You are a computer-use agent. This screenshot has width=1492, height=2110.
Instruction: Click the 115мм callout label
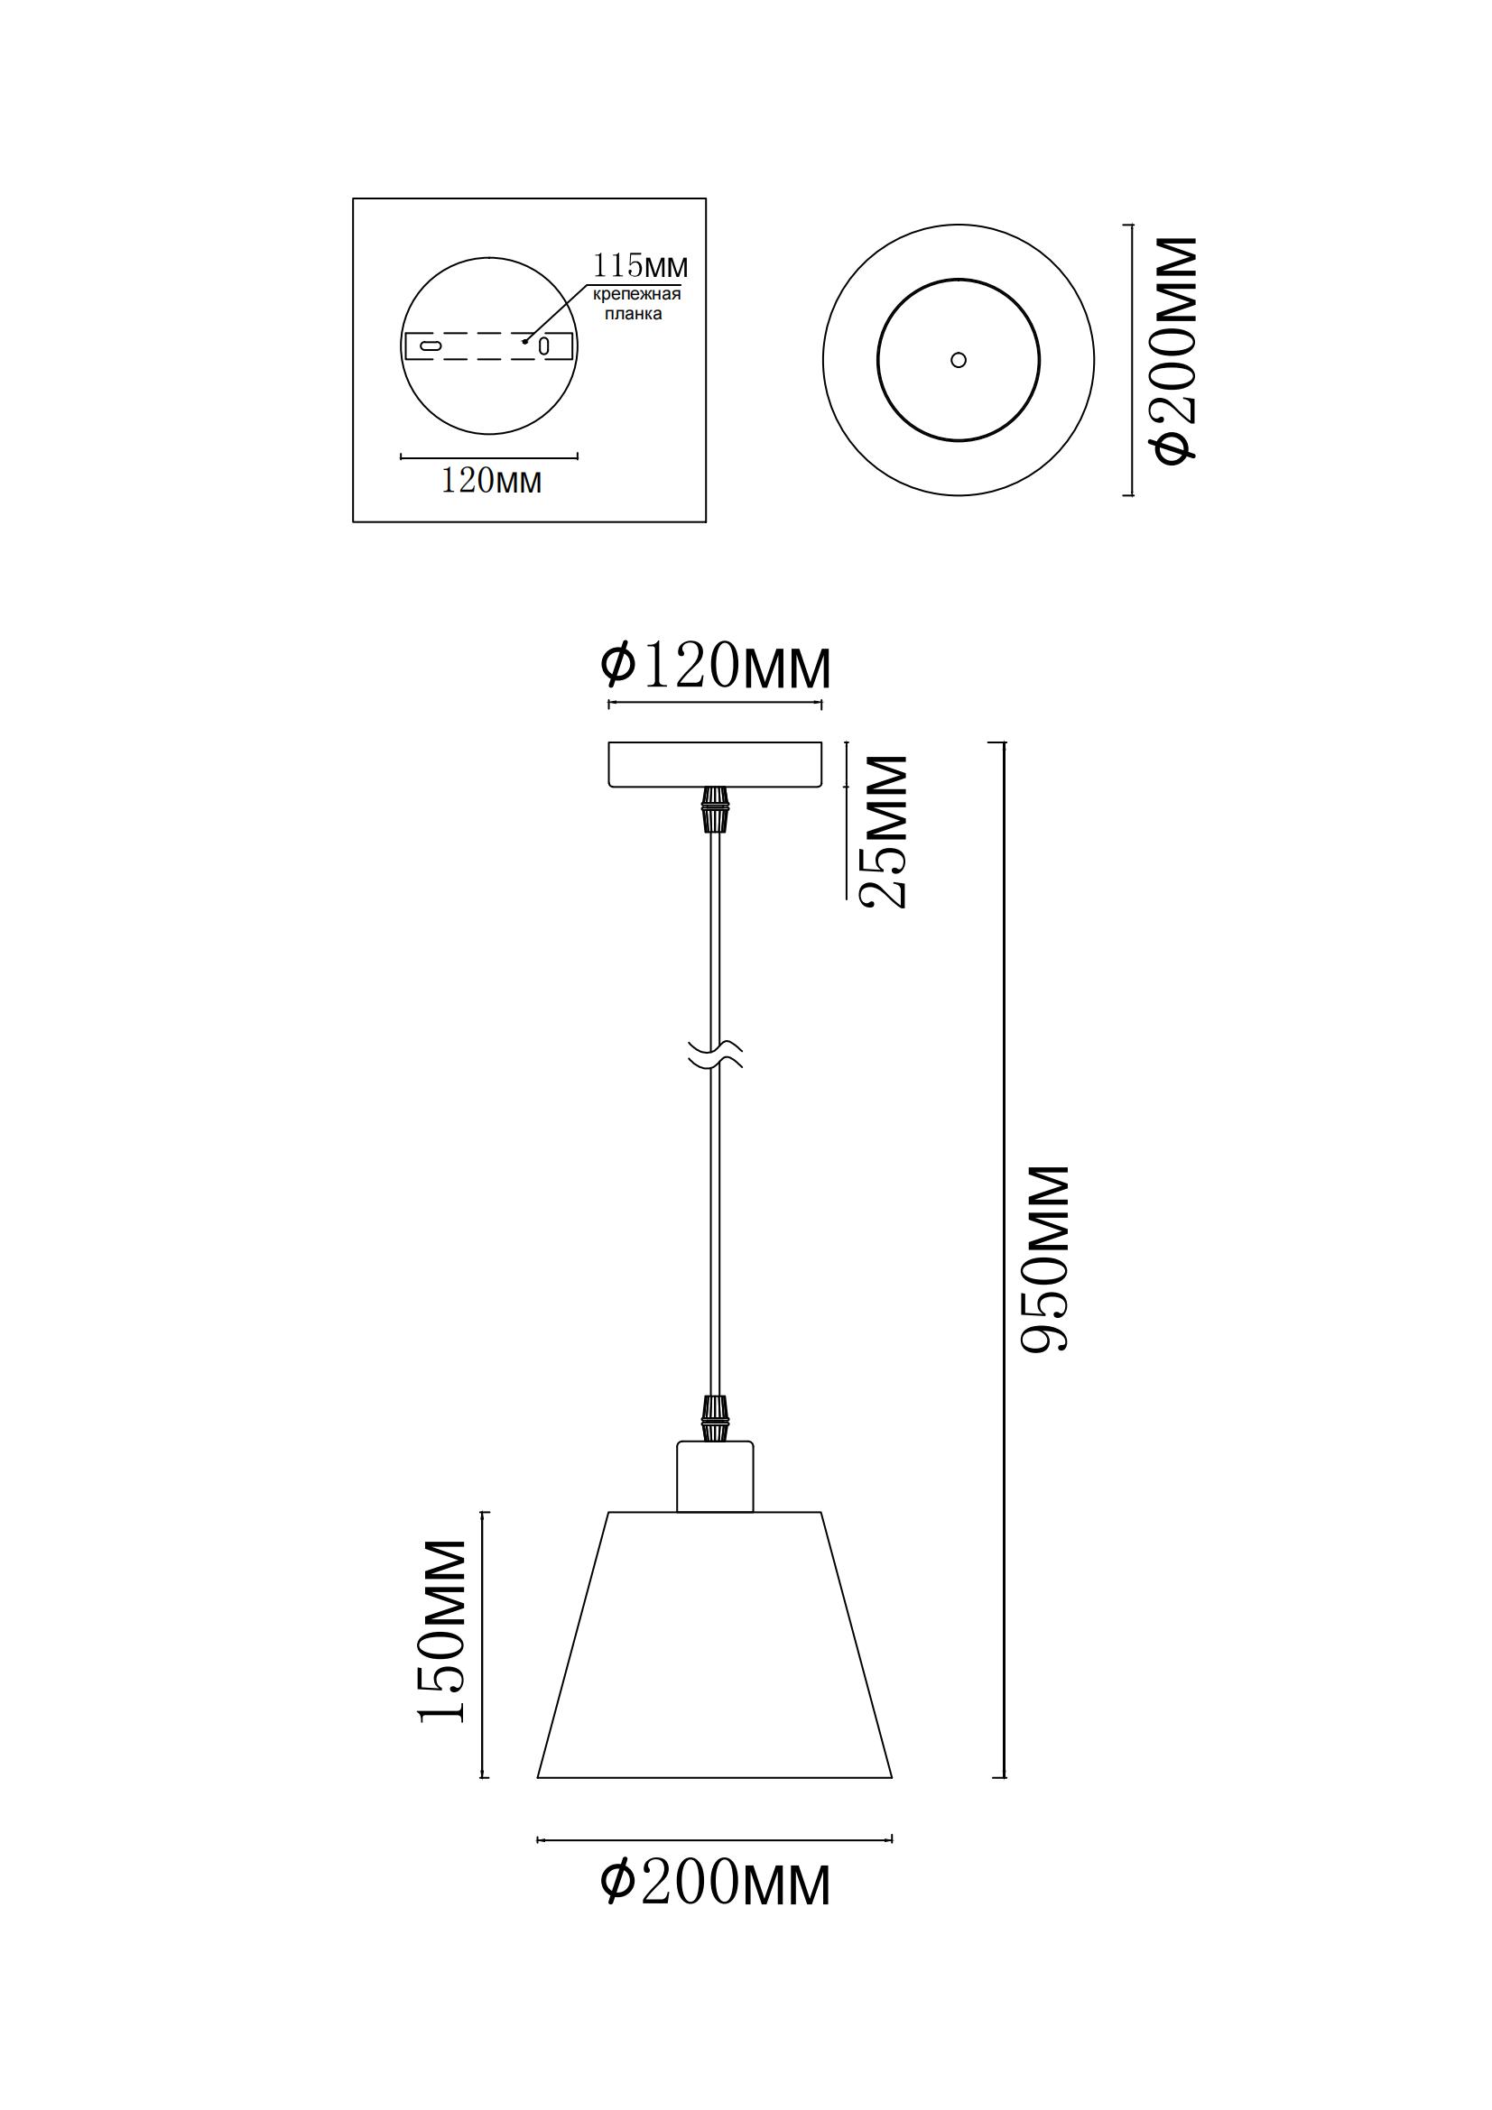[640, 266]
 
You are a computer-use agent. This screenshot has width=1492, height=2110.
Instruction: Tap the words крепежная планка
[636, 304]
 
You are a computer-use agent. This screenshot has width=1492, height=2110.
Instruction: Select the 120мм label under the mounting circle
[491, 481]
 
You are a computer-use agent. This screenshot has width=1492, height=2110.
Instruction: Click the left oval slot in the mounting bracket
[431, 346]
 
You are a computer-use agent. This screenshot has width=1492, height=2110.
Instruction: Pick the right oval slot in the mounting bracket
[544, 346]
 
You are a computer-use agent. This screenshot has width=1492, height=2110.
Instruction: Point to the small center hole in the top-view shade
[959, 360]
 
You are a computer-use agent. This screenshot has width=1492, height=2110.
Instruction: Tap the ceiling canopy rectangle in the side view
[715, 765]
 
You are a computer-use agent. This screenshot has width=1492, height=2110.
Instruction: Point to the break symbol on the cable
[716, 1055]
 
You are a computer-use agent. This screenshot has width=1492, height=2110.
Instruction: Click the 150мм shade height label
[442, 1631]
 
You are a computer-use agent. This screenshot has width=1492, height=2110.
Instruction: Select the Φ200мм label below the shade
[715, 1883]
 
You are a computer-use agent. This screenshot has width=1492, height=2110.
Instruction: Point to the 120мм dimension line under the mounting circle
[489, 456]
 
